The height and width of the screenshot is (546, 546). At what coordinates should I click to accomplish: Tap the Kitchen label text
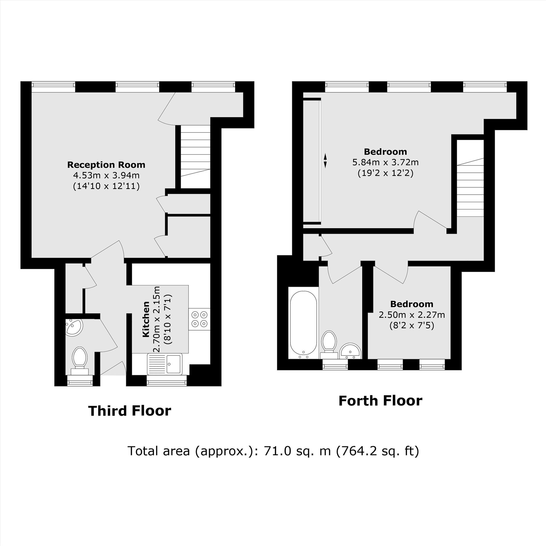[146, 319]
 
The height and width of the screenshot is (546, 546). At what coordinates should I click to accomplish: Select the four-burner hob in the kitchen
[200, 319]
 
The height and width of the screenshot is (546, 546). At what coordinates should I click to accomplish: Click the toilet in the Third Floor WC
[80, 361]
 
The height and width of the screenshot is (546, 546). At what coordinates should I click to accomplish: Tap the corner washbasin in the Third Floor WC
[73, 327]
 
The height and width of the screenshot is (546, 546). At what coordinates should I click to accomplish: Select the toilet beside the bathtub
[329, 345]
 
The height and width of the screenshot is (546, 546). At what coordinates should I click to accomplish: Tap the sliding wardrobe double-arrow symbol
[325, 161]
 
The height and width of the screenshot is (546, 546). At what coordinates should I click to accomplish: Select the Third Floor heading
[130, 411]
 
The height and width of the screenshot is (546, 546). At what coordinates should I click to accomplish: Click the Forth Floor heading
[380, 400]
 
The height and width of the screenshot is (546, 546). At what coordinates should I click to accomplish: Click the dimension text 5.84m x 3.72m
[385, 162]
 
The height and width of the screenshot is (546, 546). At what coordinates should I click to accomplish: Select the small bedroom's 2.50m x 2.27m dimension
[412, 314]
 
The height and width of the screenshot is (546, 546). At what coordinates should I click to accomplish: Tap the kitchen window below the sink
[167, 383]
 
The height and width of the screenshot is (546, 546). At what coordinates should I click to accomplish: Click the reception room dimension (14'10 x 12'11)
[106, 186]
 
